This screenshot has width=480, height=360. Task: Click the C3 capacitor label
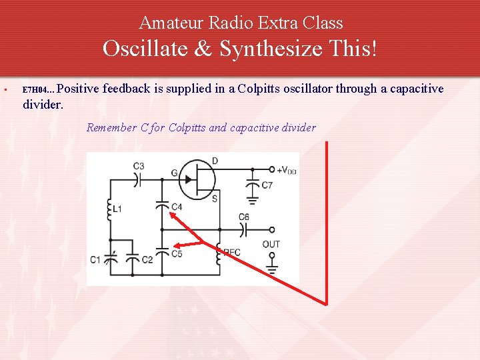[139, 165]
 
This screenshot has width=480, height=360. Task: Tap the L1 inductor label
[117, 209]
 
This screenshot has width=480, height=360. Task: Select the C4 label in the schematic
[176, 207]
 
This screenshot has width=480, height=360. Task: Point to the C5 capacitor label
[177, 253]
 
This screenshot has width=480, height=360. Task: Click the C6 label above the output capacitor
[244, 217]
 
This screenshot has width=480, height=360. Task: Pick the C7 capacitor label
[267, 185]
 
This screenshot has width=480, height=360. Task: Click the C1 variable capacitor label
[95, 259]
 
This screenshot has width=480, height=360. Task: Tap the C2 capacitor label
[147, 259]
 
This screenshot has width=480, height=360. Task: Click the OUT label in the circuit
[271, 244]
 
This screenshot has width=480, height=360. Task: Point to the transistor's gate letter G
[174, 173]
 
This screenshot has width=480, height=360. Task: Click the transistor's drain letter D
[214, 160]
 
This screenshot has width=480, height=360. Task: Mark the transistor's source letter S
[214, 199]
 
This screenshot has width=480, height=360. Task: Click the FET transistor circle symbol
[197, 179]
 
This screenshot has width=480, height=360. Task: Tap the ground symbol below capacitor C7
[252, 197]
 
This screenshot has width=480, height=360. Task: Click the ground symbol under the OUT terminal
[271, 270]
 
